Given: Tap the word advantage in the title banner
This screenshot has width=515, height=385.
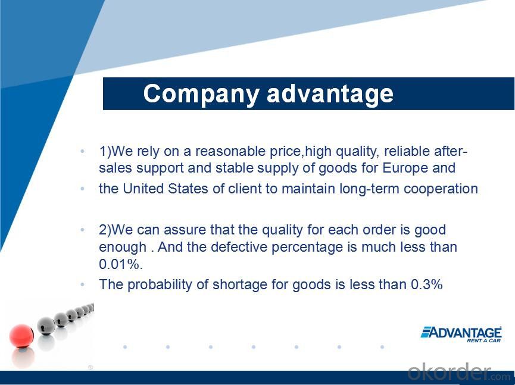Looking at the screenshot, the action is [x=330, y=93].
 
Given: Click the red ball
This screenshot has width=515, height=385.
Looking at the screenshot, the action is [x=21, y=336].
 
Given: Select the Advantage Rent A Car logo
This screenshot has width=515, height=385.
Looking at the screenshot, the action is [x=461, y=334].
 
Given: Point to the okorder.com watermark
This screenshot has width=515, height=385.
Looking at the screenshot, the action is [x=459, y=372].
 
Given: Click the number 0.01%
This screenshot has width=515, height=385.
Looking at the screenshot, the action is [x=121, y=264].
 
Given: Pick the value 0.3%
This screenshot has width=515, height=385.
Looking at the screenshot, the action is [x=427, y=284].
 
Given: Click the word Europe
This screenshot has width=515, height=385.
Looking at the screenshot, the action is [x=405, y=168].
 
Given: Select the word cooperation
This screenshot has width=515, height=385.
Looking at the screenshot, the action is [x=441, y=189].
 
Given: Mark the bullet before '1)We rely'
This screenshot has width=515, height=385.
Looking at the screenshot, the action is [x=82, y=152].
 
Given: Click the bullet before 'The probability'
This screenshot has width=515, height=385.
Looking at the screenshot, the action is [x=82, y=284].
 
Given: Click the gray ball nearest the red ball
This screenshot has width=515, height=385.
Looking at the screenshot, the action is [x=46, y=325].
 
